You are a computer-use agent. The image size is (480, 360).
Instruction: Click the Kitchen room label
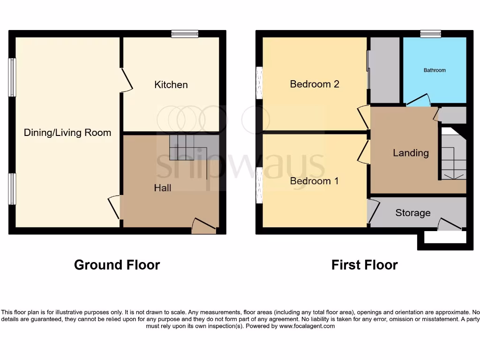[x=171, y=85]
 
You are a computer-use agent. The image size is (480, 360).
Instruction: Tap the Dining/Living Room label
[x=67, y=133]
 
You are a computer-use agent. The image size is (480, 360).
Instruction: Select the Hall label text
[x=163, y=188]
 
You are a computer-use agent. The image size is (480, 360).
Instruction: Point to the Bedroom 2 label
[x=315, y=84]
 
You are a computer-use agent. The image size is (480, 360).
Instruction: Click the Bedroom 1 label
[x=314, y=181]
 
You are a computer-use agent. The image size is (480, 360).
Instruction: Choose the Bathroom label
[x=435, y=70]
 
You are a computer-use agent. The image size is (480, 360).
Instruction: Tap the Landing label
[x=411, y=153]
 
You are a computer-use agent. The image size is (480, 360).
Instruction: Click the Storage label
[x=412, y=213]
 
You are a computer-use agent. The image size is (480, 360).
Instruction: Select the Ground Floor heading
[x=117, y=265]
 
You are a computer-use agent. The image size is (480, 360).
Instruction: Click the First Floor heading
[x=364, y=265]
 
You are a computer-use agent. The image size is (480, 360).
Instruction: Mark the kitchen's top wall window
[x=185, y=34]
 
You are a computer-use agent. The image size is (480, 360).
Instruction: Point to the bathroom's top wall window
[x=430, y=34]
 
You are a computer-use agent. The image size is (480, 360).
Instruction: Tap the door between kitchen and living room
[x=126, y=81]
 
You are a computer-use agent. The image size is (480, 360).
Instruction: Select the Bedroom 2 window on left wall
[x=259, y=82]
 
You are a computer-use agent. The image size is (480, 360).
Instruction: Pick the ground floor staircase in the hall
[x=187, y=148]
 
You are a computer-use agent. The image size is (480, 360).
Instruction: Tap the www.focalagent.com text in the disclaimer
[x=307, y=326]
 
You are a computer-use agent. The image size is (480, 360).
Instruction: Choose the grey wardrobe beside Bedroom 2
[x=384, y=70]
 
